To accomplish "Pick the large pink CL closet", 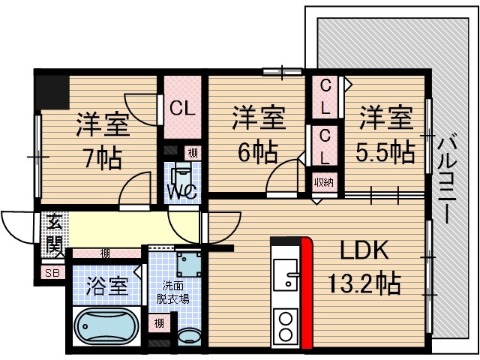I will [181, 107].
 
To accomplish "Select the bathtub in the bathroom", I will [106, 328].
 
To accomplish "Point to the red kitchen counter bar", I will [306, 292].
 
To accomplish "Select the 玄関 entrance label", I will [54, 232].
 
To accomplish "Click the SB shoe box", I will [52, 272].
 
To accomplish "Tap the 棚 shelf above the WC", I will [193, 153].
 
